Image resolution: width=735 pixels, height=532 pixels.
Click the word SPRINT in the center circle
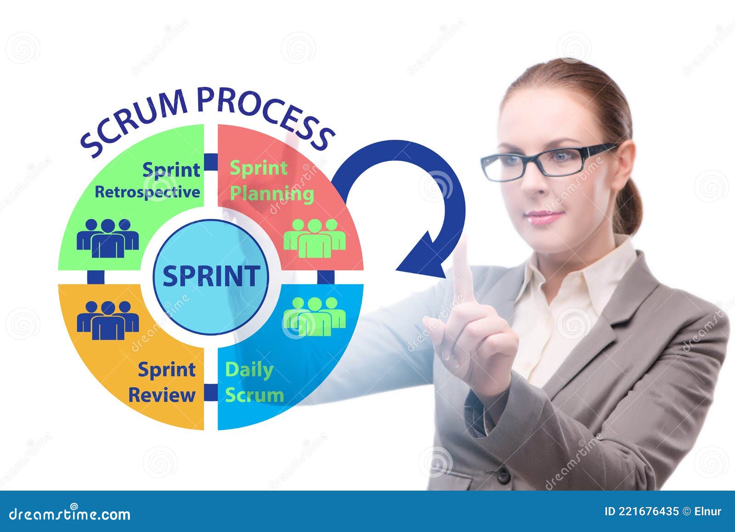(211, 276)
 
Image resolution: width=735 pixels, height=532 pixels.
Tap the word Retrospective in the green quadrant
(147, 192)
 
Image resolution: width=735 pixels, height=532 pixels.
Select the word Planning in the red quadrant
(271, 194)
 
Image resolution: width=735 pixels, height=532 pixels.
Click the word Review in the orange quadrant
(161, 395)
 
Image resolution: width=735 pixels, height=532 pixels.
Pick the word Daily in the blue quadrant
(249, 370)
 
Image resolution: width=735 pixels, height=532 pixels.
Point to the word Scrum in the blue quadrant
(254, 395)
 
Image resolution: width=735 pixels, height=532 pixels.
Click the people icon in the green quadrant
(107, 238)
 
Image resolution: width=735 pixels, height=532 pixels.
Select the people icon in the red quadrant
(314, 238)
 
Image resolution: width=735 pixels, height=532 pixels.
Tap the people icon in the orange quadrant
(107, 320)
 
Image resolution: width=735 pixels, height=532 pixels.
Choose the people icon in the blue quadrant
(314, 316)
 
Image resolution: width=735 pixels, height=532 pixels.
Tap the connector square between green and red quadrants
(211, 161)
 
